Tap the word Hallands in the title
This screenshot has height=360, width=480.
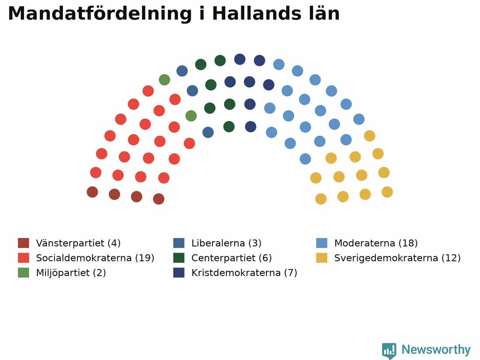click(257, 13)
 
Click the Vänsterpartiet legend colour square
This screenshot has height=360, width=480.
click(23, 243)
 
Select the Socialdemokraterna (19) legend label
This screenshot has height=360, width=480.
click(95, 258)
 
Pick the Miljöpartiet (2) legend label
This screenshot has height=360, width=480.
click(71, 273)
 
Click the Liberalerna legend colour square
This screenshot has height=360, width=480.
click(179, 243)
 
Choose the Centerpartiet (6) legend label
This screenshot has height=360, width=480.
click(232, 258)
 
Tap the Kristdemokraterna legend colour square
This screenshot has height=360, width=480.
click(179, 273)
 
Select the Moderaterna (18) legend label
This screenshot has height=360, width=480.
click(376, 243)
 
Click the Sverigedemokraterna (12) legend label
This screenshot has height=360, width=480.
click(397, 258)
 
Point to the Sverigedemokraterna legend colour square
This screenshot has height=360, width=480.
click(322, 258)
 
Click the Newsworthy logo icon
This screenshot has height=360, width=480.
click(389, 351)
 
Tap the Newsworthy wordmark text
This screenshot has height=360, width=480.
click(436, 350)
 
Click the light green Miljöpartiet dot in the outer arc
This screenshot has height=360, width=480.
click(165, 80)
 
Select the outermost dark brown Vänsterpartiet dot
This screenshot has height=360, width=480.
click(92, 192)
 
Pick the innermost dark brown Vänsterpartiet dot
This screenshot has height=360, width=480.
click(159, 199)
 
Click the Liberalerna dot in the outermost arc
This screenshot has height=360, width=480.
click(182, 71)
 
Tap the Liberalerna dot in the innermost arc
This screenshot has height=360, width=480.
click(208, 132)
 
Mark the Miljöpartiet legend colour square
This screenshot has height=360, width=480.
click(23, 273)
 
